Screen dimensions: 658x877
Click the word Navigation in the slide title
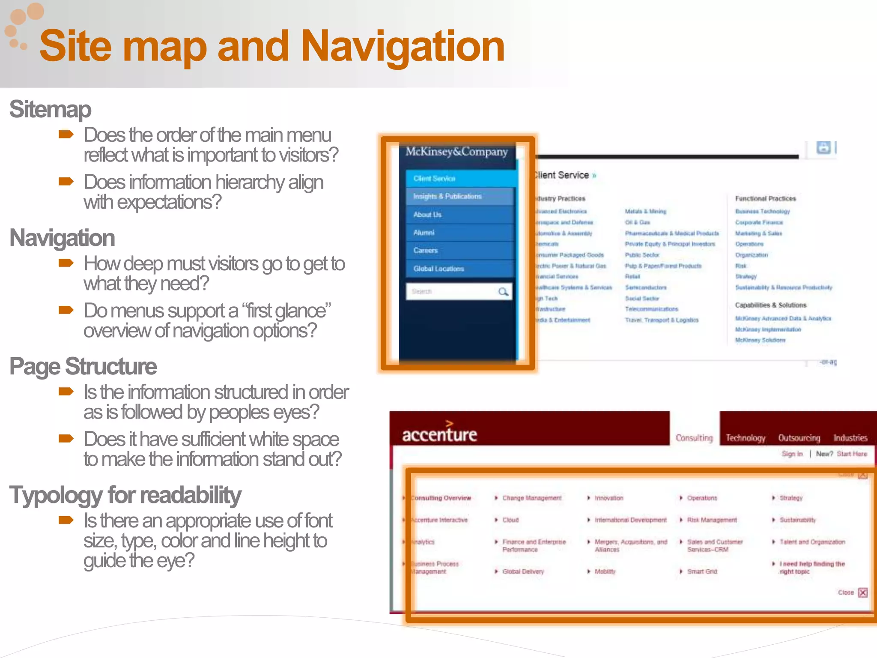click(403, 46)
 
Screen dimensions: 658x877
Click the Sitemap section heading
click(50, 109)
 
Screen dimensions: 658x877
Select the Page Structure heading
click(83, 367)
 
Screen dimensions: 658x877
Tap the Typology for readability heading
click(125, 495)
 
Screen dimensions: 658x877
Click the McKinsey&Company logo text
click(456, 152)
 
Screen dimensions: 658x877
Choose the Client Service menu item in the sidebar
click(434, 179)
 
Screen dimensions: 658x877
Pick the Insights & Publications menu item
click(447, 196)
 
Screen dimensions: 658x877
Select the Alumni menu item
click(424, 233)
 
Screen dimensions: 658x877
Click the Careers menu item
click(425, 251)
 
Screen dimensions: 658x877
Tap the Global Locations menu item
click(438, 269)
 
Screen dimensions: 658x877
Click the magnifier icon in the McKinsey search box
click(503, 292)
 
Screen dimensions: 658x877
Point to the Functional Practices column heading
click(765, 199)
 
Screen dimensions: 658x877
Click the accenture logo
click(439, 434)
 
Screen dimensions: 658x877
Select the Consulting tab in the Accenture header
click(694, 438)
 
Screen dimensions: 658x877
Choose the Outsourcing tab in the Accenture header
click(799, 438)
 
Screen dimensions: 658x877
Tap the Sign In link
click(792, 454)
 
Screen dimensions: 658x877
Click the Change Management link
click(532, 498)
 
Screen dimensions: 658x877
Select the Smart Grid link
click(702, 571)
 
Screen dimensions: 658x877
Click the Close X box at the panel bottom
click(863, 593)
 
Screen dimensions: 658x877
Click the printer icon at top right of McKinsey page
click(823, 148)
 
